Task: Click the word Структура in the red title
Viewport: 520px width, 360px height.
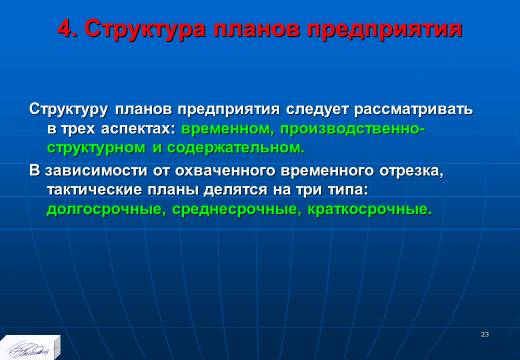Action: click(x=145, y=29)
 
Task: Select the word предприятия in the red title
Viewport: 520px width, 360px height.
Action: click(x=384, y=30)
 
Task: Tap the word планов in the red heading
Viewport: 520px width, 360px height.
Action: click(x=256, y=29)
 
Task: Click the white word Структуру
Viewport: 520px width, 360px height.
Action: click(x=68, y=110)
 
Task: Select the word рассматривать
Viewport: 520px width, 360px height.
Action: click(x=413, y=109)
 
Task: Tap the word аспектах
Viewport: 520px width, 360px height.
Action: click(x=138, y=129)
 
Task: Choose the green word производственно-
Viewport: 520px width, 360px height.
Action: click(x=353, y=129)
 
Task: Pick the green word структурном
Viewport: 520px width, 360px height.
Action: click(x=96, y=148)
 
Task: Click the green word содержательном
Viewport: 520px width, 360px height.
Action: click(x=236, y=148)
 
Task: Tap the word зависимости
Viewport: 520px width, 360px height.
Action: click(x=96, y=170)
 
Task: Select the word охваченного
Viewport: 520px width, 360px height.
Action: click(x=225, y=171)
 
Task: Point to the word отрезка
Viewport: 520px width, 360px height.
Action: click(x=412, y=171)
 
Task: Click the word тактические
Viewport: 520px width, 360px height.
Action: click(x=95, y=190)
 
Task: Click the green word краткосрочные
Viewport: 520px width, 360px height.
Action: click(x=369, y=210)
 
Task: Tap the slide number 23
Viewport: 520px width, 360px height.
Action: click(x=485, y=334)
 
